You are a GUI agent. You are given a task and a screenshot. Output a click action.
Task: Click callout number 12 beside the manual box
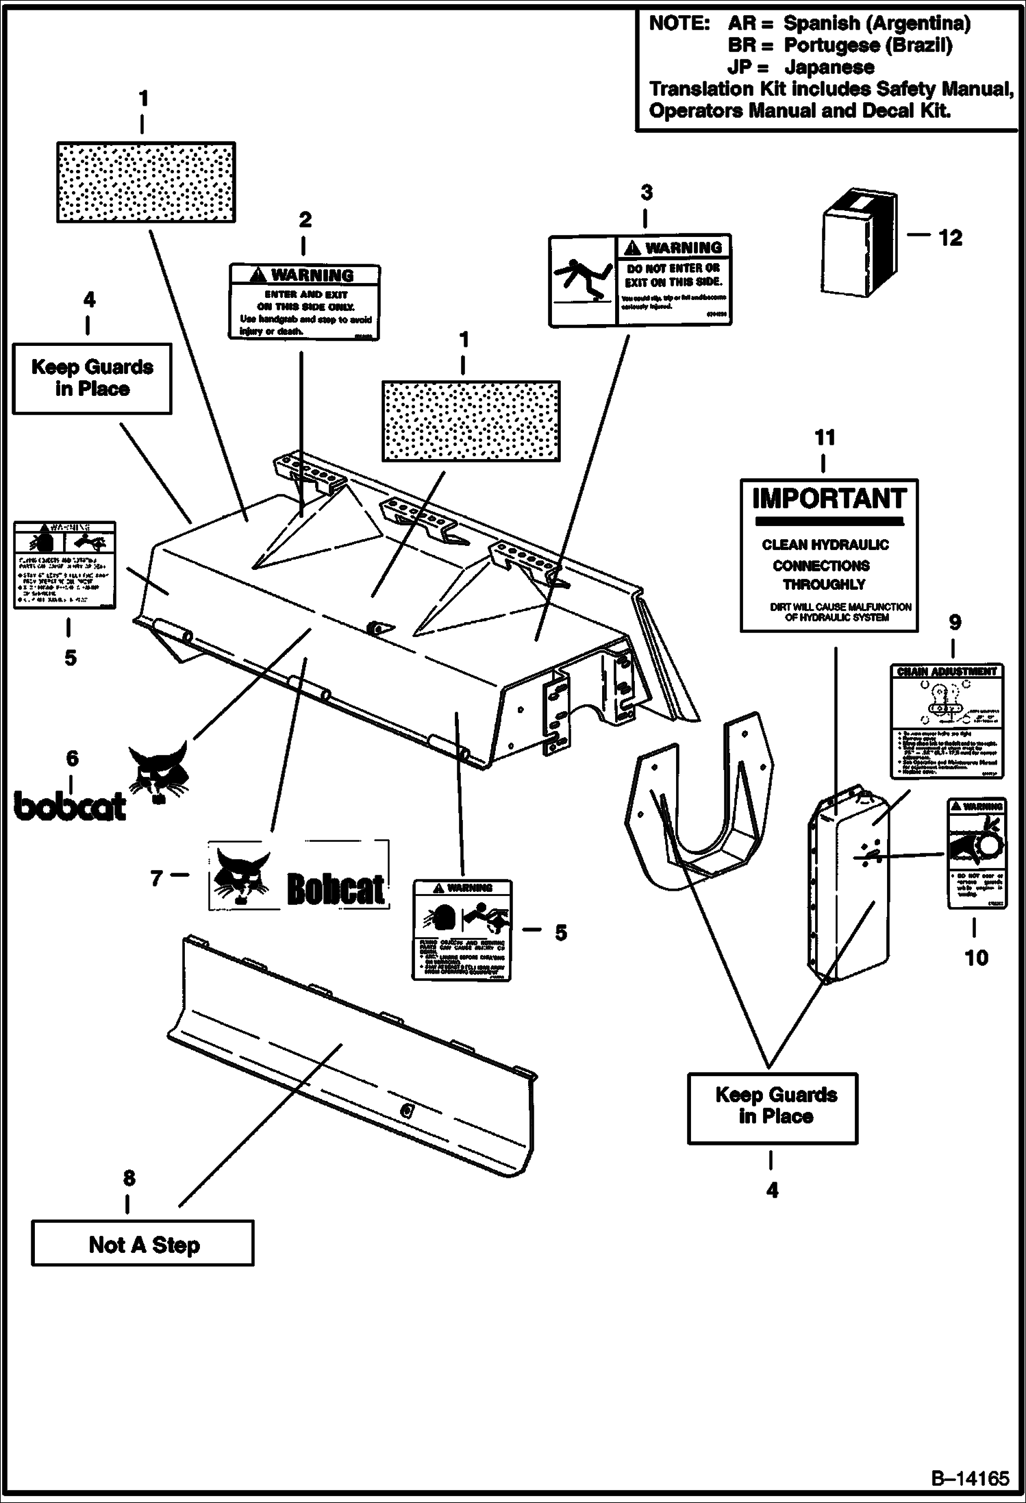point(950,238)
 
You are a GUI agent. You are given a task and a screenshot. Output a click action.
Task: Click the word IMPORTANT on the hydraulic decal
point(829,499)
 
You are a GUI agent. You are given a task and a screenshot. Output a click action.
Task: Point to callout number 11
point(825,437)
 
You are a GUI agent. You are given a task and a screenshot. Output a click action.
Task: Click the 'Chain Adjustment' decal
point(947,720)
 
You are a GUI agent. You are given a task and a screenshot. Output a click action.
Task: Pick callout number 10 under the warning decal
point(976,957)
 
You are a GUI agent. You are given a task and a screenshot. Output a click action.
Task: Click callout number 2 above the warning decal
point(305,219)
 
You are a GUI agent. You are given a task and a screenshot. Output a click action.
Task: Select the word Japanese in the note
point(829,67)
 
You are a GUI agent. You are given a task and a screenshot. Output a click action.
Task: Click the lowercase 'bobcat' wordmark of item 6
point(70,806)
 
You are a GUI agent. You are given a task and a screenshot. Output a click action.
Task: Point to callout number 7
point(157,878)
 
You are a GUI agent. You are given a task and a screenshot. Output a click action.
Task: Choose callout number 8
point(128,1178)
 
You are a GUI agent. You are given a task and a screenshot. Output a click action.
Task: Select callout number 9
point(954,622)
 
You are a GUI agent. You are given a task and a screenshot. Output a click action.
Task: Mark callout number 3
point(646,192)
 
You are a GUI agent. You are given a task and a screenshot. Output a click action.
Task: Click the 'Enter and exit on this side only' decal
point(304,302)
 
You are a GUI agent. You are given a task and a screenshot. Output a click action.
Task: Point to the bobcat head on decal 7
point(240,875)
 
